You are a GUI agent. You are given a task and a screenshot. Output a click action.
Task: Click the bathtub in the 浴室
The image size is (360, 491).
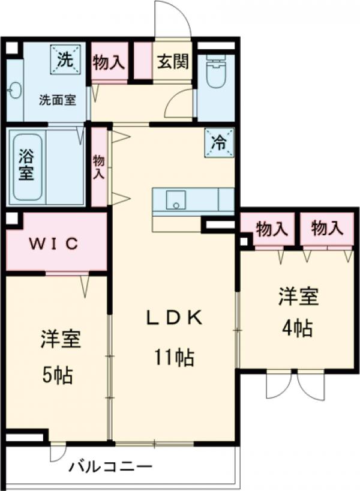point(27,165)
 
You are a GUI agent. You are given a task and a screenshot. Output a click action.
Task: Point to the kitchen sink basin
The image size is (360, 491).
point(176,201)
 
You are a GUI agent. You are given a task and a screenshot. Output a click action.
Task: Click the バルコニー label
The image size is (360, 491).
point(110,466)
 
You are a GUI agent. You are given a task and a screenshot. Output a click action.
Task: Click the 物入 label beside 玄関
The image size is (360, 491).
point(109,62)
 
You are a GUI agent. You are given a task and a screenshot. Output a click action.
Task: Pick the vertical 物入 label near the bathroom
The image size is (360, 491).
point(99,167)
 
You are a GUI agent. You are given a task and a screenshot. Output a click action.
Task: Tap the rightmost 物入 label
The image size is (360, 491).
point(327,228)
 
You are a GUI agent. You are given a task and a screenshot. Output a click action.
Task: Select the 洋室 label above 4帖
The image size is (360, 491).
point(297,297)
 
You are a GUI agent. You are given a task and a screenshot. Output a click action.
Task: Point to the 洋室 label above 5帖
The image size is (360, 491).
point(60,340)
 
